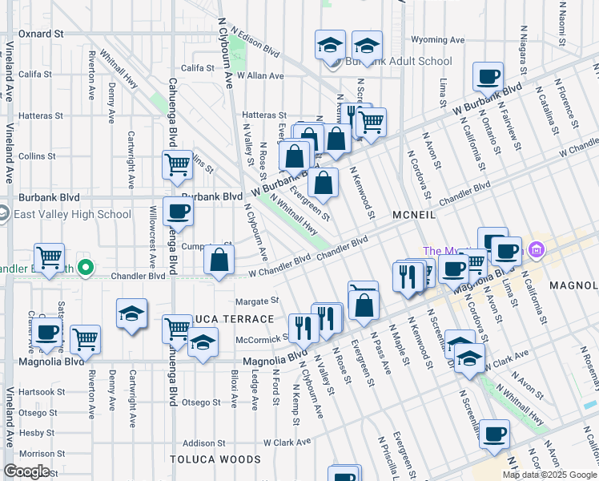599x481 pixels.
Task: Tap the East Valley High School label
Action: tap(72, 214)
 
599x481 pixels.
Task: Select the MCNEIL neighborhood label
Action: tap(414, 215)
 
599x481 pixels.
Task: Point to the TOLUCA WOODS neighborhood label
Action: tap(215, 459)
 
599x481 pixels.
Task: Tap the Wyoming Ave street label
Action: tap(437, 39)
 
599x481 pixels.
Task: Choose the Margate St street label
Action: tap(256, 301)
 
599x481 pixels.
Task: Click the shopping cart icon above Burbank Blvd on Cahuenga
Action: tap(177, 165)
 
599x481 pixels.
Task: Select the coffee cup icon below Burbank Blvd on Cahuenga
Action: tap(178, 212)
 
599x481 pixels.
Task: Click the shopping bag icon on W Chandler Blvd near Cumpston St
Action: tap(219, 261)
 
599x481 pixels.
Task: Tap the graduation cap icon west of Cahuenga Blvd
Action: tap(132, 314)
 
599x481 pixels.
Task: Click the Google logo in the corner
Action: tap(26, 471)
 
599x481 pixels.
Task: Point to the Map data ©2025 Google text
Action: tap(549, 475)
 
